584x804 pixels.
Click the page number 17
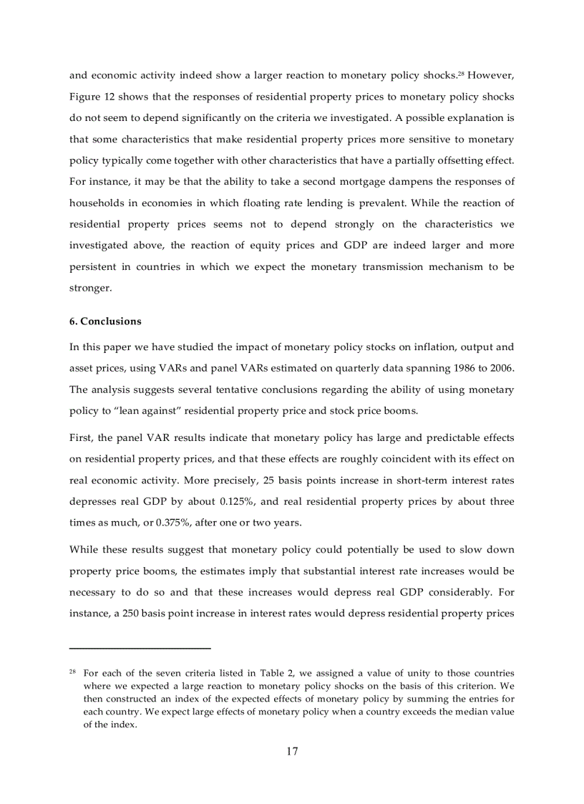(292, 751)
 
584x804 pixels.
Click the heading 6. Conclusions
(105, 321)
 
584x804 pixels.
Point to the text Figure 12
(90, 96)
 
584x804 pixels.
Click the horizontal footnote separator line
(140, 648)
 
